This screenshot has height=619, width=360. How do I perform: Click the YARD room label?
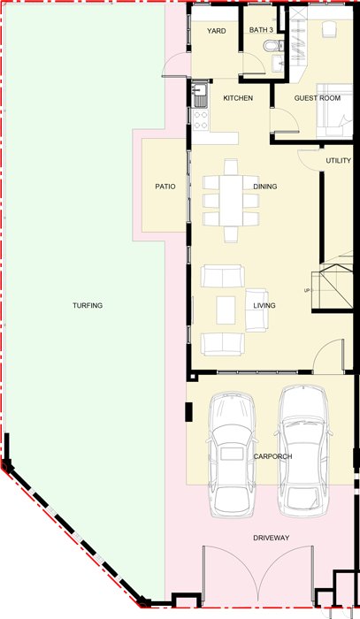[217, 31]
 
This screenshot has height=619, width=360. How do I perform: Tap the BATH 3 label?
[261, 30]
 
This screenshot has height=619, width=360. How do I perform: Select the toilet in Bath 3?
[273, 46]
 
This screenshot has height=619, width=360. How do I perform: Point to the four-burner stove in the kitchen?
[201, 119]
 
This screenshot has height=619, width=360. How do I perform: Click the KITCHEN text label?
[238, 98]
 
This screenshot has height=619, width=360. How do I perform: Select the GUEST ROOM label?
[317, 98]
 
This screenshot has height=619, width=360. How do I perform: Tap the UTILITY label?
[338, 160]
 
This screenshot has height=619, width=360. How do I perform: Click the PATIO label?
[165, 187]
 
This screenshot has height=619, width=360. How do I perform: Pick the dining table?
[231, 200]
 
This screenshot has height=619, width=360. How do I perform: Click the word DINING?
[264, 187]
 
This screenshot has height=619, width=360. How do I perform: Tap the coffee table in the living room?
[226, 309]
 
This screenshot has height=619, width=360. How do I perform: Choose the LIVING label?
[264, 305]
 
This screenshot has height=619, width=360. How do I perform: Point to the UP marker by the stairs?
[307, 291]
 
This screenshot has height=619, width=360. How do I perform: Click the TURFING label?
[88, 305]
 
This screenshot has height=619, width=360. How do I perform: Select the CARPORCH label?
[272, 456]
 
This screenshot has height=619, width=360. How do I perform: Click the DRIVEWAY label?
[272, 538]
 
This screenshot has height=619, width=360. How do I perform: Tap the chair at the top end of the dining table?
[231, 166]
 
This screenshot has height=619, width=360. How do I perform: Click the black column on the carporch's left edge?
[189, 412]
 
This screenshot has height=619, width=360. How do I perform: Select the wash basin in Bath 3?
[278, 63]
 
